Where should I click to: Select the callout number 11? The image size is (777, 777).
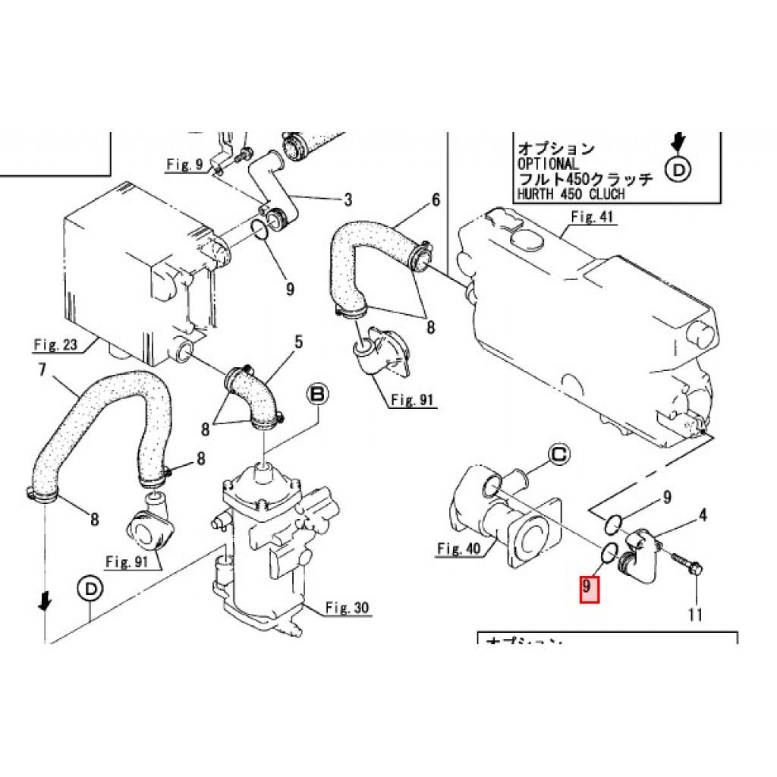(x=696, y=615)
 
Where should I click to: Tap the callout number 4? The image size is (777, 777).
(x=703, y=516)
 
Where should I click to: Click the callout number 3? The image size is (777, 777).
(x=348, y=200)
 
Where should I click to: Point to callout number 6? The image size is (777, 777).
(x=436, y=200)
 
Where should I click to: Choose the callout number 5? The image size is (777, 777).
(x=298, y=342)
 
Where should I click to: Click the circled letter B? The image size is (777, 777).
(x=316, y=394)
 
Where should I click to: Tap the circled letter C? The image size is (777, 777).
(x=558, y=455)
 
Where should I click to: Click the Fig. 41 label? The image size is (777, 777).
(x=592, y=216)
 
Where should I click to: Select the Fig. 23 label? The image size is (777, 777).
(x=55, y=345)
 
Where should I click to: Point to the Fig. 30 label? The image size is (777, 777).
(x=347, y=607)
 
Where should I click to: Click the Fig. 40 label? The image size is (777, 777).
(x=460, y=549)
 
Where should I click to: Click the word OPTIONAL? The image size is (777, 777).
(x=547, y=164)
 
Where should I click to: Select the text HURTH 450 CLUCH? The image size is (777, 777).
(x=571, y=193)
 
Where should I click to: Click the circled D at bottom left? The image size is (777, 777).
(x=90, y=588)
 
